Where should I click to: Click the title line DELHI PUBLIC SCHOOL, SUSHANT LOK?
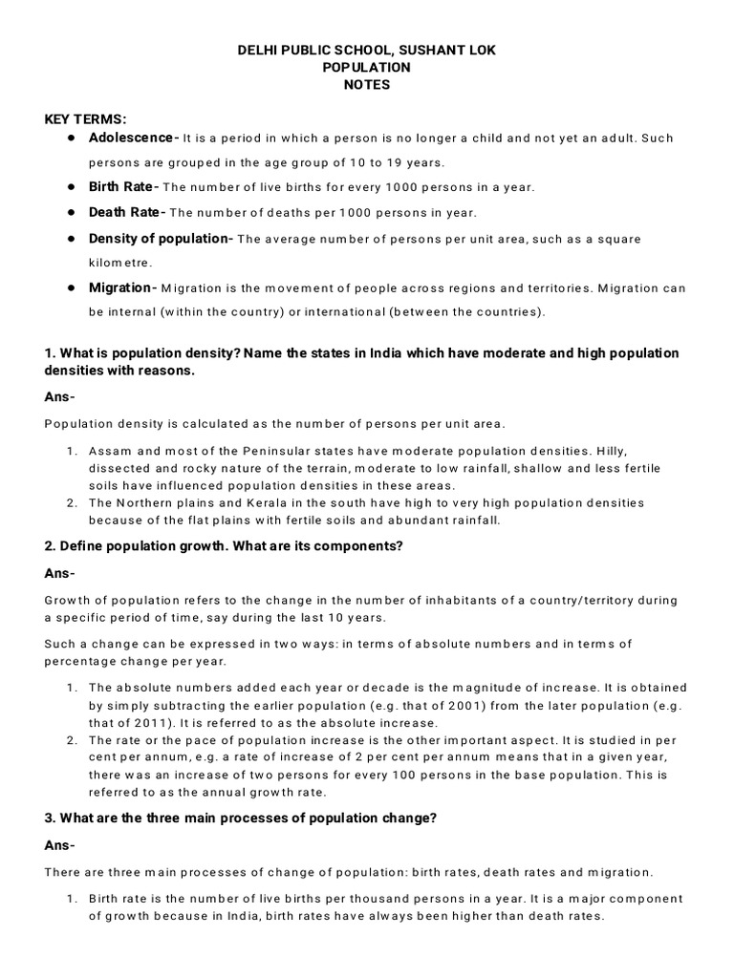[x=367, y=49]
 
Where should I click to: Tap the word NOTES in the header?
[x=367, y=85]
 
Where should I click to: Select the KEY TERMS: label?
[x=86, y=119]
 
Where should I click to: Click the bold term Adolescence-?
[x=133, y=138]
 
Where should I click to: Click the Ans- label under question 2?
[x=59, y=573]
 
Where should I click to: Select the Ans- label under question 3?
[x=59, y=846]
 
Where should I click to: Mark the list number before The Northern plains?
[x=73, y=502]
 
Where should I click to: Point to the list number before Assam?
[x=73, y=450]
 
